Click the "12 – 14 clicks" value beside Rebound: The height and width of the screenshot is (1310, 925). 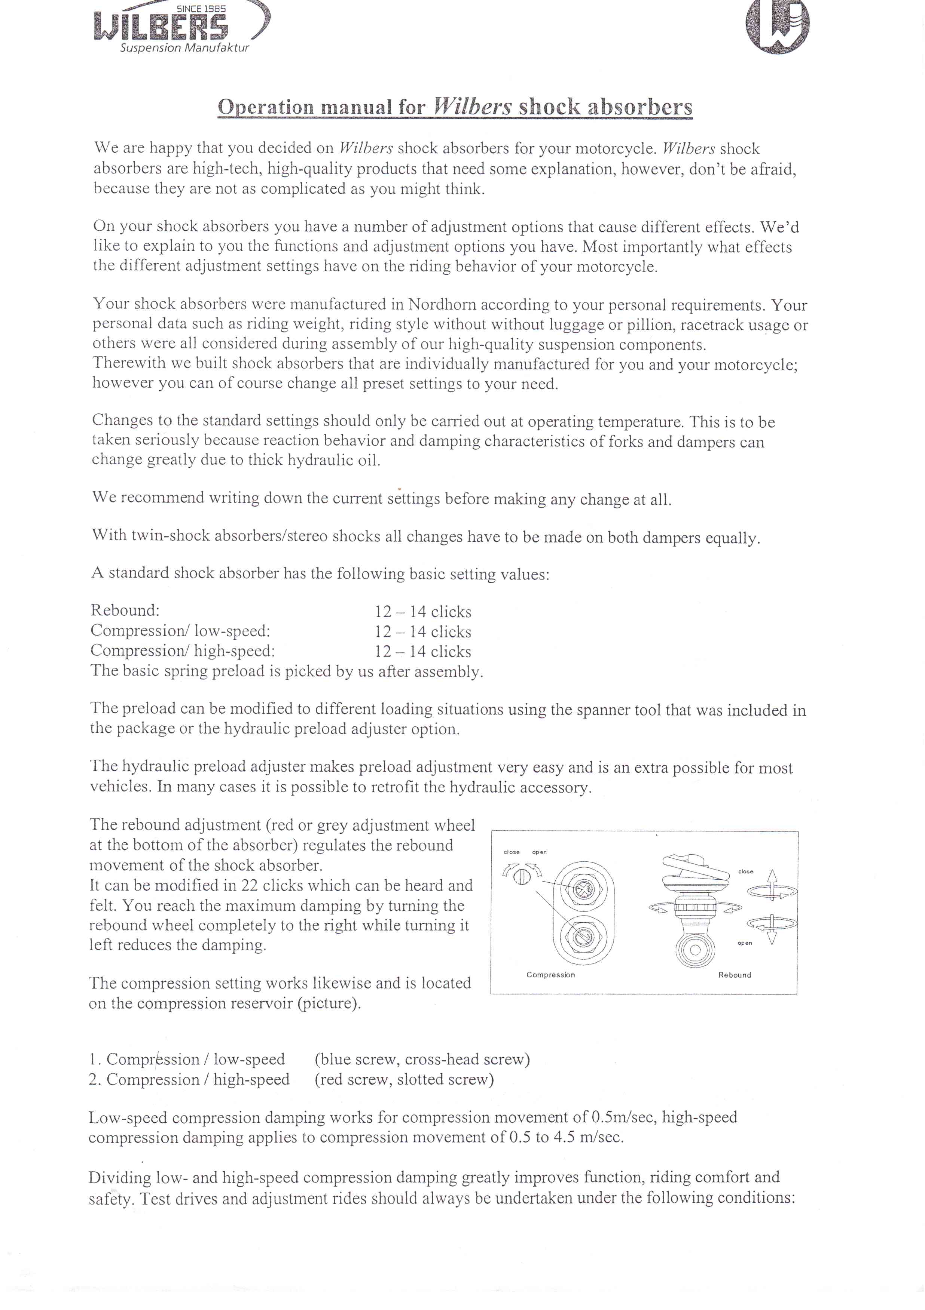(422, 612)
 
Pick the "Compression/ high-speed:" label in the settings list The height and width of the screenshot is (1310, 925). (182, 651)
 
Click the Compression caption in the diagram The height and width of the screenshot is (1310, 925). (550, 975)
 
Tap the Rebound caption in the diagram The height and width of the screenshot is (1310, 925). (734, 975)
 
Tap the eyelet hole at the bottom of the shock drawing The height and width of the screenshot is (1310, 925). (695, 950)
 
